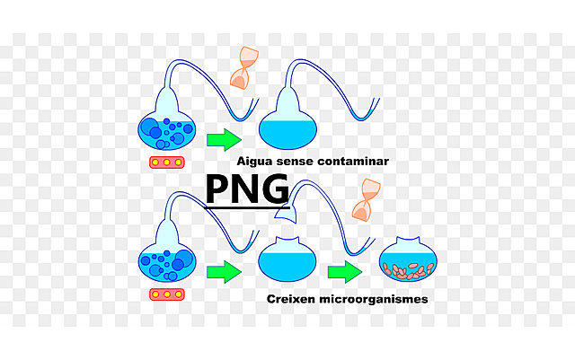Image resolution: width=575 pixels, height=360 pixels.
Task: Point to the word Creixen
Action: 291,299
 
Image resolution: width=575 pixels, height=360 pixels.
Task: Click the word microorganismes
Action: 371,299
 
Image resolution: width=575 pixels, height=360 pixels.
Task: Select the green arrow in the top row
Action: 224,139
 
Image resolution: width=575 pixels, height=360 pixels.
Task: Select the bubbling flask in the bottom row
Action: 167,262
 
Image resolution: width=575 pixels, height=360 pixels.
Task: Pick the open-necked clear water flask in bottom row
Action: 287,260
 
